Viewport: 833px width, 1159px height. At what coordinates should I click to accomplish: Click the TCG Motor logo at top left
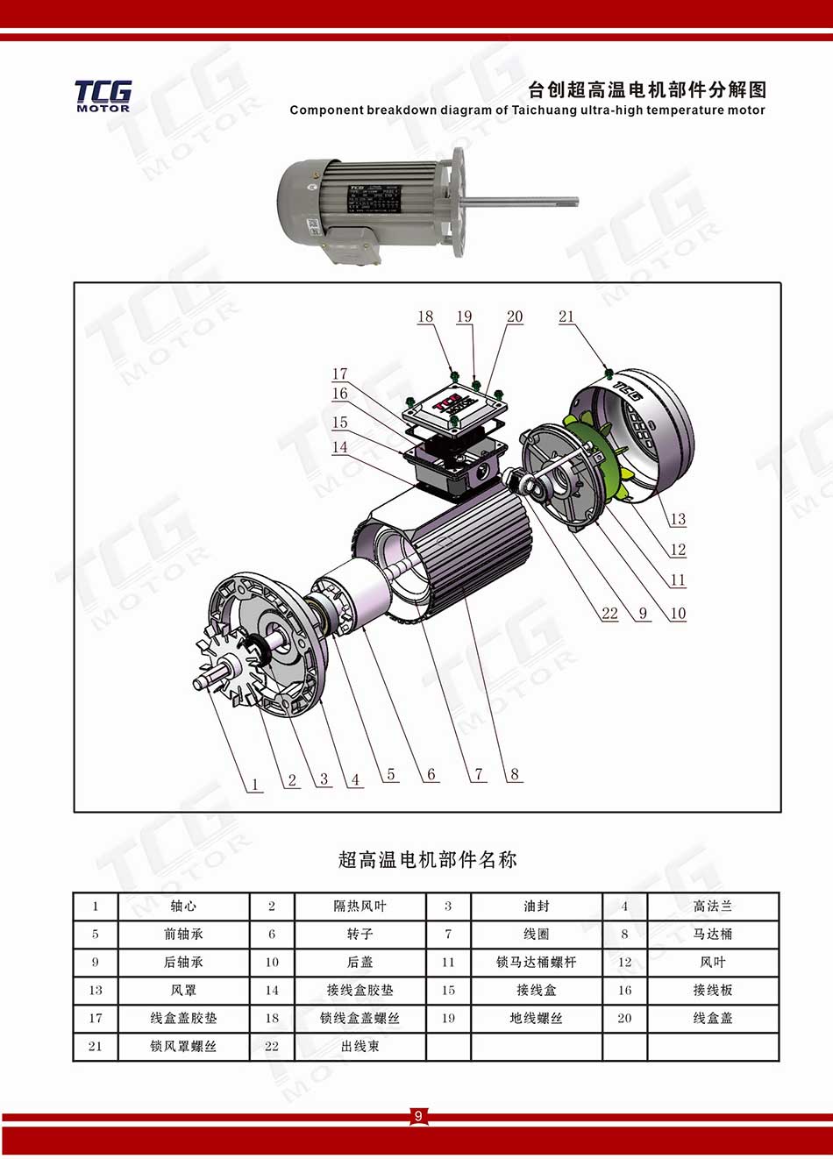tap(103, 96)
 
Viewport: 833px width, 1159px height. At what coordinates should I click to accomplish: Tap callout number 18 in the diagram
tap(425, 316)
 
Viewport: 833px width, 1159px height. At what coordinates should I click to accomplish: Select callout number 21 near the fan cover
tap(566, 316)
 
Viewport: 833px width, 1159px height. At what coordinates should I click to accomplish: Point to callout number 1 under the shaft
tap(254, 785)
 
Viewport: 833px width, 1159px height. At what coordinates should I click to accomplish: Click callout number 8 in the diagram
tap(515, 773)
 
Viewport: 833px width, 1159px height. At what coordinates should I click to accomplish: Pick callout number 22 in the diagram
tap(609, 614)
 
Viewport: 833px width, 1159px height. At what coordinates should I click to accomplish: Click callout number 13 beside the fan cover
tap(678, 519)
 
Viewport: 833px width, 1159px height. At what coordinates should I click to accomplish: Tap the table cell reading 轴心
tap(183, 907)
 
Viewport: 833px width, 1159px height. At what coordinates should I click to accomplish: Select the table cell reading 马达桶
tap(712, 935)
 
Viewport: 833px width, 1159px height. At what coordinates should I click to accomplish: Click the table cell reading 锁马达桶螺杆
tap(536, 963)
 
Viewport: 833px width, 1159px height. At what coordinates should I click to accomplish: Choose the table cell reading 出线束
tap(360, 1047)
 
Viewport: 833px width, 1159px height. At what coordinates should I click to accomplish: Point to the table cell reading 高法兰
tap(712, 907)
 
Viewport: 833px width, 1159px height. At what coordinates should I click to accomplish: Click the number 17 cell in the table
tap(96, 1019)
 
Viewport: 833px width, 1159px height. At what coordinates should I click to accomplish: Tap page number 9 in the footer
tap(418, 1116)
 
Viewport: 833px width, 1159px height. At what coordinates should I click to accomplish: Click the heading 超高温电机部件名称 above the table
tap(427, 860)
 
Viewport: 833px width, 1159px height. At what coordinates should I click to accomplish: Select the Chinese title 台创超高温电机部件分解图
tap(647, 90)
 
